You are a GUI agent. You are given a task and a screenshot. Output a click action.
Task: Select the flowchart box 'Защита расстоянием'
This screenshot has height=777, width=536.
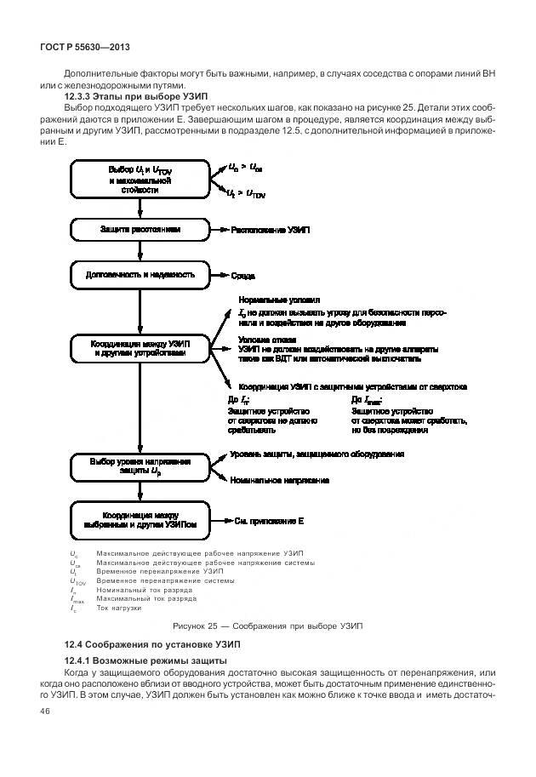pyautogui.click(x=140, y=230)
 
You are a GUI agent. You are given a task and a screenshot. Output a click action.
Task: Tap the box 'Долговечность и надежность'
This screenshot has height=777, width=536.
pyautogui.click(x=140, y=275)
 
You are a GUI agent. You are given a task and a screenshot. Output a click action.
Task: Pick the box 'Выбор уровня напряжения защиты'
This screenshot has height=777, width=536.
pyautogui.click(x=140, y=466)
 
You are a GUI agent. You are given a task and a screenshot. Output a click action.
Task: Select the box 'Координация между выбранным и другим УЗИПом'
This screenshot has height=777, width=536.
pyautogui.click(x=140, y=520)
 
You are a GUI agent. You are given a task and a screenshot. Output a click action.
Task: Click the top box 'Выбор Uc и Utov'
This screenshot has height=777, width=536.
pyautogui.click(x=140, y=180)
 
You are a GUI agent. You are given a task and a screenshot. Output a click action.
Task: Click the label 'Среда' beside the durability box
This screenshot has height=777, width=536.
pyautogui.click(x=243, y=276)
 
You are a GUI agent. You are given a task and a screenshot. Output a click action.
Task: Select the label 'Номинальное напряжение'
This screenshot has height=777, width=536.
pyautogui.click(x=279, y=480)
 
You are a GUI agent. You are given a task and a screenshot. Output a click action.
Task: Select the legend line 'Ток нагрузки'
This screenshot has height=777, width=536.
pyautogui.click(x=118, y=608)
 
